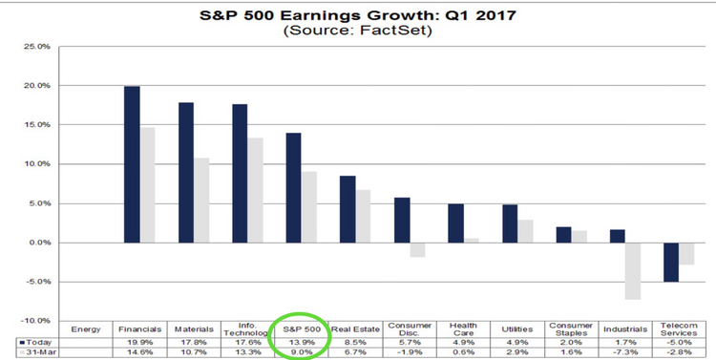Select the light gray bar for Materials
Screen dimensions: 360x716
pyautogui.click(x=201, y=200)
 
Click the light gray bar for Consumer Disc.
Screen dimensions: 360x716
pyautogui.click(x=418, y=249)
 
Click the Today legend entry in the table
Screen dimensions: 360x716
pyautogui.click(x=35, y=340)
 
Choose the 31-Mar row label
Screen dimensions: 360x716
pyautogui.click(x=37, y=351)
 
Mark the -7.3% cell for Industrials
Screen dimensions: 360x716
pyautogui.click(x=627, y=351)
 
